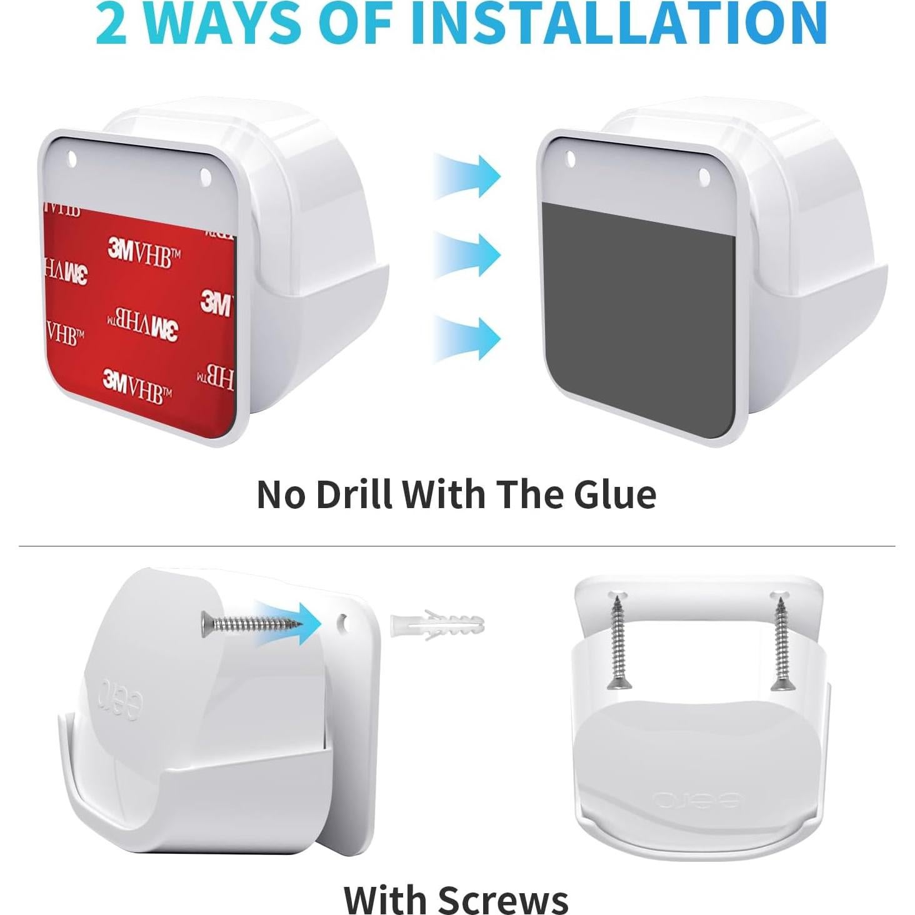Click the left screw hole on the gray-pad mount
(570, 159)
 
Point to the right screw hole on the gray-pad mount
(704, 177)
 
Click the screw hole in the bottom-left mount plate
(343, 622)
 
